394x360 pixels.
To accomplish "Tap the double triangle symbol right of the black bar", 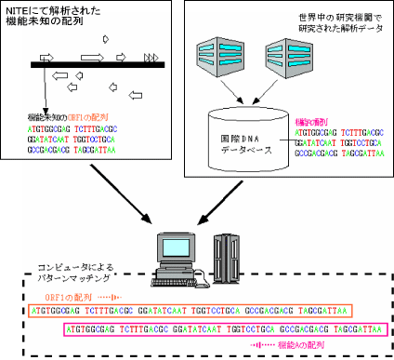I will (x=151, y=57).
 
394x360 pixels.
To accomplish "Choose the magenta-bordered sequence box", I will (x=223, y=328).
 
